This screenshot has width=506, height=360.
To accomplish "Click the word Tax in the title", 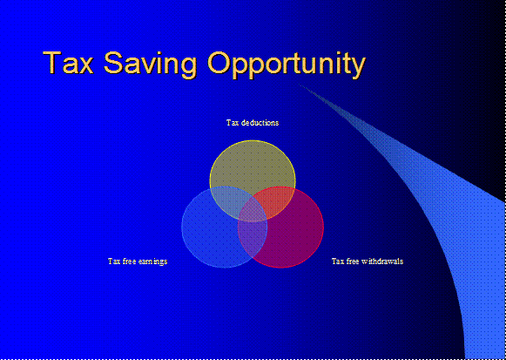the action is [68, 62].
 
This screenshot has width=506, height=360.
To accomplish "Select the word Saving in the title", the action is [150, 65].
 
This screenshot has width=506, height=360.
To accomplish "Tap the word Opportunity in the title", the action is [287, 65].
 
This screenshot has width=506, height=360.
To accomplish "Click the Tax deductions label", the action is [253, 123].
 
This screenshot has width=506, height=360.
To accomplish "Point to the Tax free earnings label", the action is [138, 261].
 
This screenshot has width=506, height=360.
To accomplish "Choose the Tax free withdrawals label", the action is [368, 261].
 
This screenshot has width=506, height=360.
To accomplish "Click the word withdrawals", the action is [381, 261].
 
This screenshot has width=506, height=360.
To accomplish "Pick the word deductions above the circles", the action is [260, 123].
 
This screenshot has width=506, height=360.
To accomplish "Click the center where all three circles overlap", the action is [253, 212].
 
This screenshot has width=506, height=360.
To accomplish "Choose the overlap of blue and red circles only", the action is [253, 239].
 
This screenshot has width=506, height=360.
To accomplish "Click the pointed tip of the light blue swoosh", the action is [300, 85].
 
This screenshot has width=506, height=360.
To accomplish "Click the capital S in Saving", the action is [113, 62].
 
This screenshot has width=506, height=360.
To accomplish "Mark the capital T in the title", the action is [52, 62].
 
